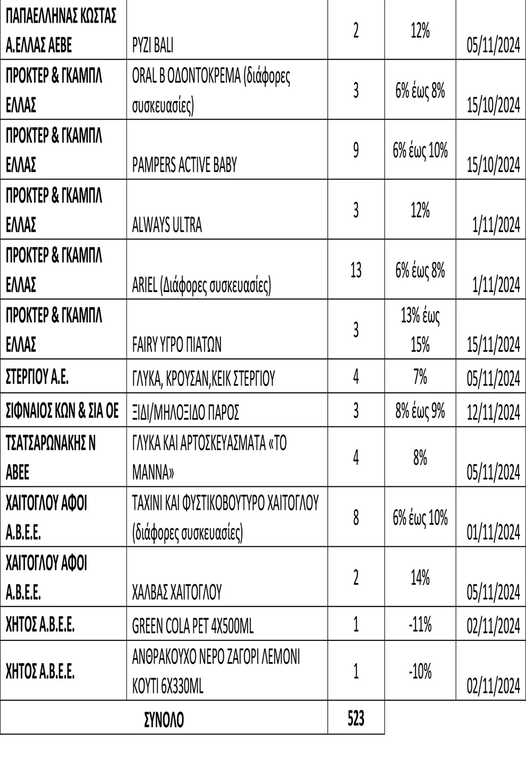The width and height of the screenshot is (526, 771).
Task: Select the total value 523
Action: (x=355, y=718)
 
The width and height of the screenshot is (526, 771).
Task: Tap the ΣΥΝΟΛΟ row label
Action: (x=164, y=720)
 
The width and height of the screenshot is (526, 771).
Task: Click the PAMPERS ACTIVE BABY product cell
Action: (x=184, y=165)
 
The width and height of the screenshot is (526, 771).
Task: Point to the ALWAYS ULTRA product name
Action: (x=167, y=225)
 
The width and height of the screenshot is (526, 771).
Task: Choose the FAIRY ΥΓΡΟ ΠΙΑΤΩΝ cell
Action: (x=176, y=345)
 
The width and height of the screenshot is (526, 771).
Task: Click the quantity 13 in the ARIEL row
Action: (x=355, y=270)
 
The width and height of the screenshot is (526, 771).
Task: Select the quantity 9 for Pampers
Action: (x=355, y=150)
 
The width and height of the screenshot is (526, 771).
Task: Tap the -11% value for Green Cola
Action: (x=420, y=624)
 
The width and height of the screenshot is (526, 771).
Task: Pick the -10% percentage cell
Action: (x=420, y=672)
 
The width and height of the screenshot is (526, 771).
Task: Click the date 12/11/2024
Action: (x=493, y=412)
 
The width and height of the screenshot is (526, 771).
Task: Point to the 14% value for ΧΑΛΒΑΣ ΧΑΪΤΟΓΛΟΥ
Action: (x=420, y=578)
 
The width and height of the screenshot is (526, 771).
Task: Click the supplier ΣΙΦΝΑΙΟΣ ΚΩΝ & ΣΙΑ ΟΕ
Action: (x=62, y=411)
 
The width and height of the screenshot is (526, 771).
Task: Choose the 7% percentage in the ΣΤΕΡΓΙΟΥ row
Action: (x=420, y=378)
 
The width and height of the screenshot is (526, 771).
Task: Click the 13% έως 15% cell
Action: (x=420, y=330)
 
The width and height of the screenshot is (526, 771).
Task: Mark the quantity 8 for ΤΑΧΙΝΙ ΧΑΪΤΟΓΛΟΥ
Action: (x=355, y=517)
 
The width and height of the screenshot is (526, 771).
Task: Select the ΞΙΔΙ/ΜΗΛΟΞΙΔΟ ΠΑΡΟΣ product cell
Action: (x=185, y=412)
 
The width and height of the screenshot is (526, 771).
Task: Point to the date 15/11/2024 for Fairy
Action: (x=493, y=345)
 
